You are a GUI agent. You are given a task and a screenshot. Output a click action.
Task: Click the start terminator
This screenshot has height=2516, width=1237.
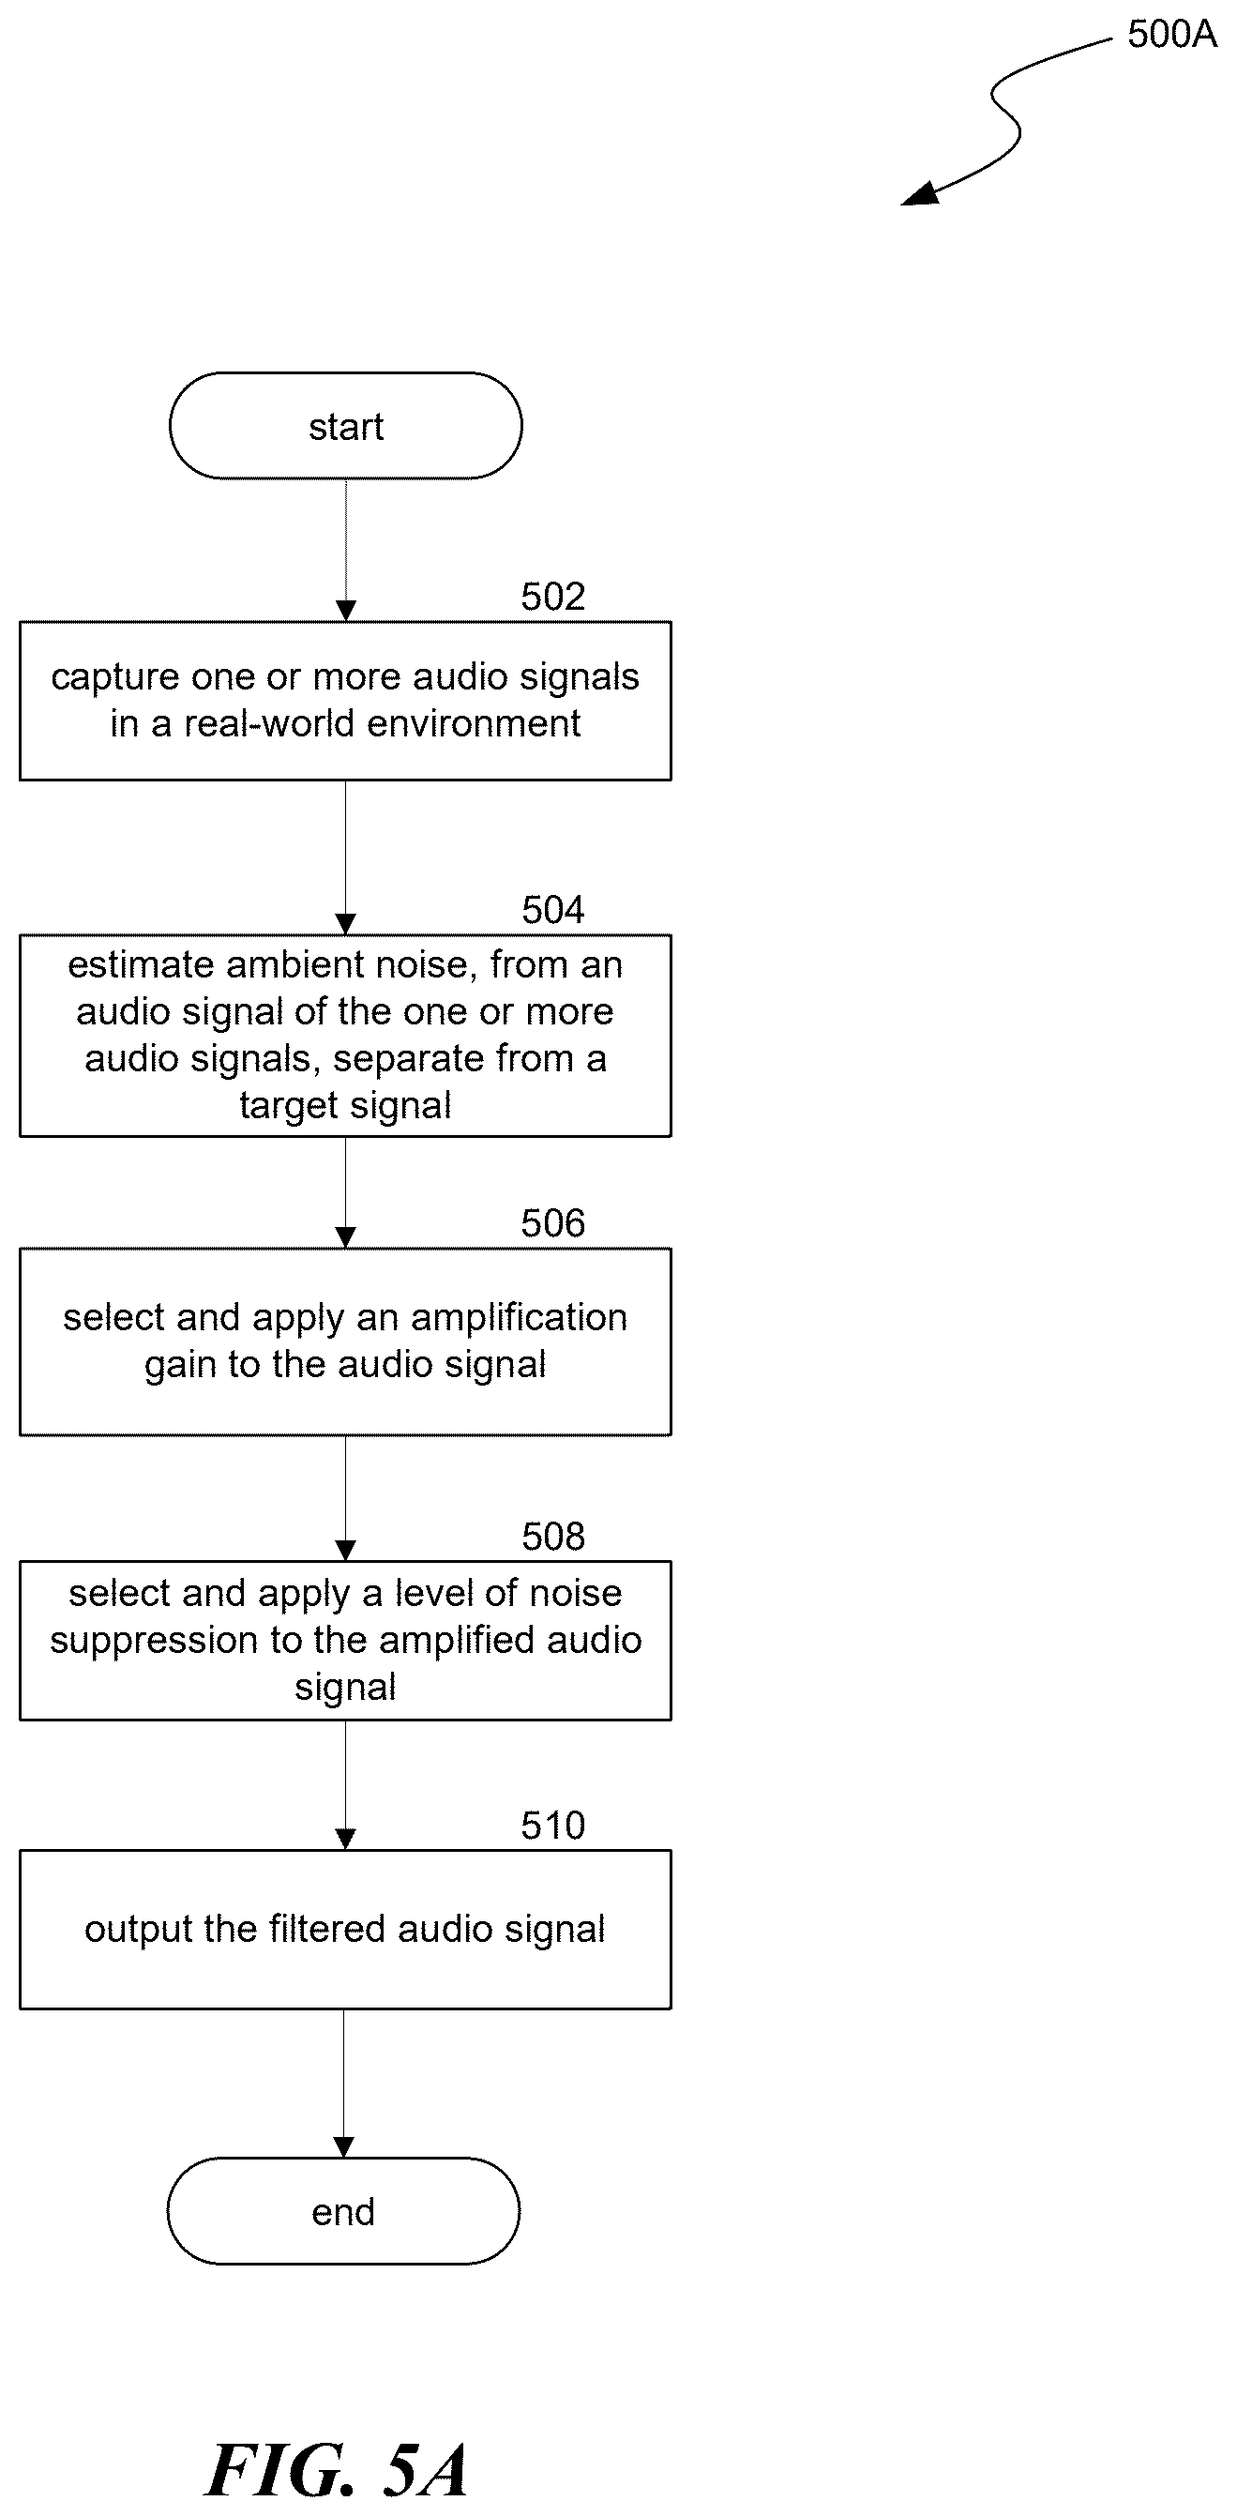346,426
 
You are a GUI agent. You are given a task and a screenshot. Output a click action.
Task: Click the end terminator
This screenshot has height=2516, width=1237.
342,2211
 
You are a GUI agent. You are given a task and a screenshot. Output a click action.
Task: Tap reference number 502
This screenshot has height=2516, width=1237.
552,596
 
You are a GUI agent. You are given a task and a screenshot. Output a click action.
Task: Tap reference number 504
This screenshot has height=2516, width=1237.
552,909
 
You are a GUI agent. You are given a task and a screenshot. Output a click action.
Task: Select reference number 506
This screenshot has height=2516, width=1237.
552,1223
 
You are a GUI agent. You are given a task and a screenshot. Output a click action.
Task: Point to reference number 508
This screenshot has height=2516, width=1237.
552,1537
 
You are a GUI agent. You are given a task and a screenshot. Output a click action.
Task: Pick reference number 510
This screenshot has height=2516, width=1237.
552,1825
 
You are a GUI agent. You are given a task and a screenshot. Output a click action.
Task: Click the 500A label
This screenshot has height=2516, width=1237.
1171,34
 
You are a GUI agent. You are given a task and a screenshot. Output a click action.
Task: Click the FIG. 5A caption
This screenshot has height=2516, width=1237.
337,2469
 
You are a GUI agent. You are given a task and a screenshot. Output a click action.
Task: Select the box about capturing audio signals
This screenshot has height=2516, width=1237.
346,701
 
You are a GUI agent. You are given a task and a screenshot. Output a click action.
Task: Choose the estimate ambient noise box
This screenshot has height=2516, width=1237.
346,1036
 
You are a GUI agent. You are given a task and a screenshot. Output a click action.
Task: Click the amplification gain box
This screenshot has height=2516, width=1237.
346,1341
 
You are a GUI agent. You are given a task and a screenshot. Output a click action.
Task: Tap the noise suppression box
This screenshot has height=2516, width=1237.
346,1640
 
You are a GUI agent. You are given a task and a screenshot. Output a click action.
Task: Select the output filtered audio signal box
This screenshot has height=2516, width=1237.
346,1929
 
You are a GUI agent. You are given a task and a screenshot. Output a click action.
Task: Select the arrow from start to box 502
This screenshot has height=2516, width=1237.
346,550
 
